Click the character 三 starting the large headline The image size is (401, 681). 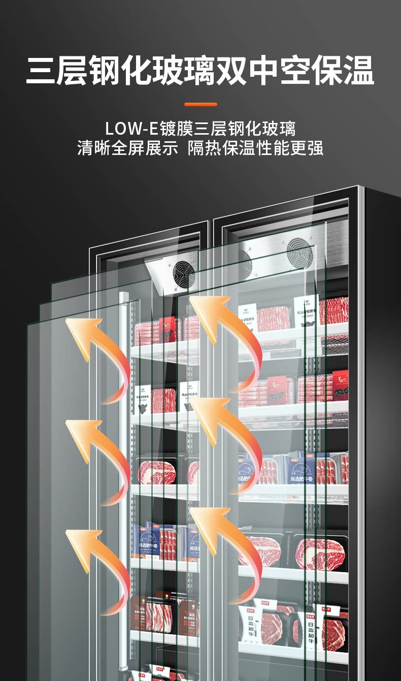41,71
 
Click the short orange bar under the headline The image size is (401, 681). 201,104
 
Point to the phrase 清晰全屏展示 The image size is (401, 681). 128,148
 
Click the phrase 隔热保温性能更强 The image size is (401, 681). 255,148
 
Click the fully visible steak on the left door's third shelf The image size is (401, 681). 157,472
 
